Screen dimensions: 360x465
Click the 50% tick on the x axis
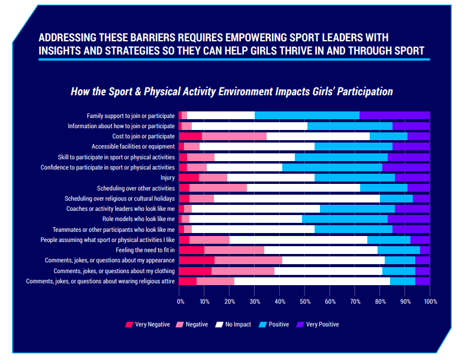pos(304,302)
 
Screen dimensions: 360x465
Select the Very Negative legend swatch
pos(129,325)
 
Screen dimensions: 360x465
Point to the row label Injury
pos(167,177)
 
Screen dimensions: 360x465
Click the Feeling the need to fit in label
pos(146,250)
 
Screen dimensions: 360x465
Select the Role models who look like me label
pos(138,219)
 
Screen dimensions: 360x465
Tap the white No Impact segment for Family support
pos(221,115)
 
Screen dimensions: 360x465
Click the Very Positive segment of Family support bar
pos(394,115)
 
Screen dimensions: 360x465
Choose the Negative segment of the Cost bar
pos(234,136)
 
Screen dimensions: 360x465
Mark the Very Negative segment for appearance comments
pos(197,260)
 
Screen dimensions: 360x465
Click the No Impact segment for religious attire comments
pos(312,281)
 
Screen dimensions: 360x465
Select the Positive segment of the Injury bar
pos(355,177)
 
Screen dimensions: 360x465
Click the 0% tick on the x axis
pos(179,302)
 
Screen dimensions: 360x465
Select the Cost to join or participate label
pos(137,136)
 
